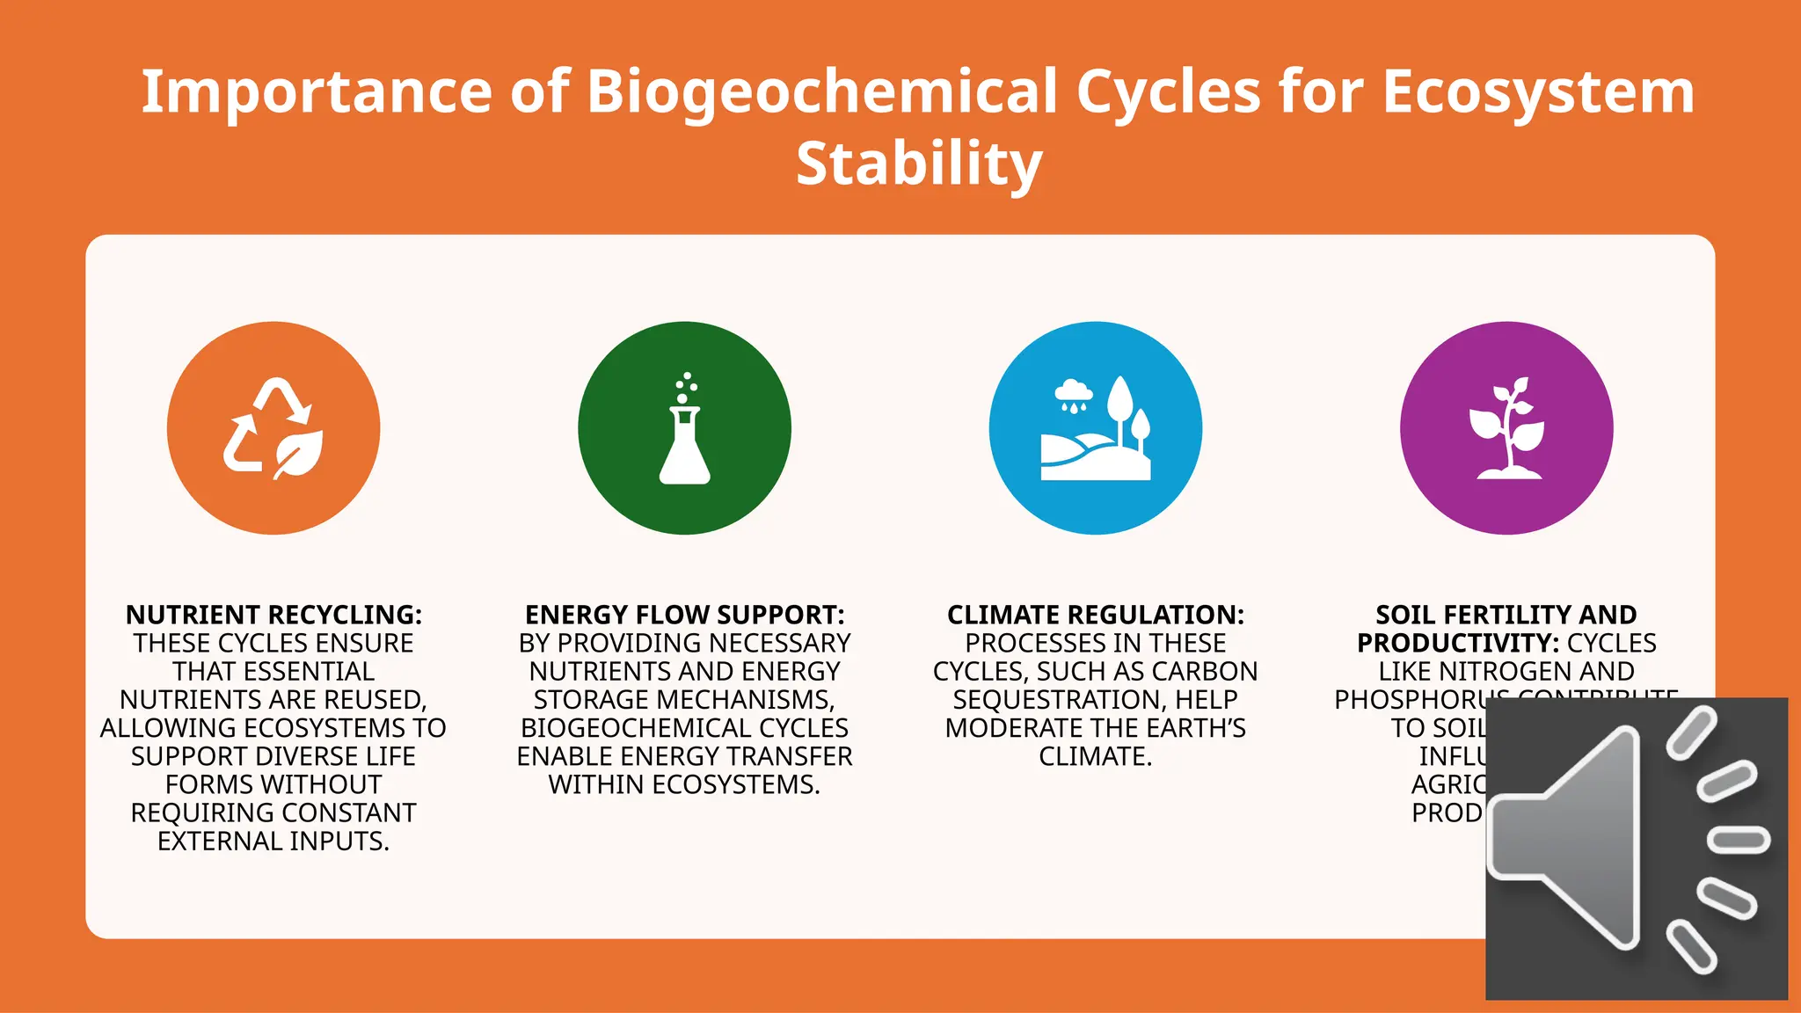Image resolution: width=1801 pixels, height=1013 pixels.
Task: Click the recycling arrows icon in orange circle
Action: tap(273, 427)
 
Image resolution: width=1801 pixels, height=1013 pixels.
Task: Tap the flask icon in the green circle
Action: tap(684, 431)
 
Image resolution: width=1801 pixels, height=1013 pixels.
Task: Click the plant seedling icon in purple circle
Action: tap(1506, 428)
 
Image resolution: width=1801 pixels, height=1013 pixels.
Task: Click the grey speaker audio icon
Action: tap(1636, 849)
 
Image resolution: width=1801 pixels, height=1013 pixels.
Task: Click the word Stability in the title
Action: tap(919, 164)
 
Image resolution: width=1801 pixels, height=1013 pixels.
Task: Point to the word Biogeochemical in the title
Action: tap(821, 91)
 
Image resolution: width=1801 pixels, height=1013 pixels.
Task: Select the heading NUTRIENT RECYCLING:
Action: tap(273, 615)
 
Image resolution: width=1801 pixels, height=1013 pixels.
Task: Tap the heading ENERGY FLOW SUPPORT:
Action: tap(684, 615)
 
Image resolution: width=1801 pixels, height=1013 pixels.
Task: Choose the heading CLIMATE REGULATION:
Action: tap(1096, 615)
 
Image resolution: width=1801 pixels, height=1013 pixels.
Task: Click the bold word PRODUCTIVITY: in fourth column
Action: tap(1458, 644)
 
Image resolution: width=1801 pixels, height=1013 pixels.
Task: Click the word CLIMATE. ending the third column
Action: tap(1095, 756)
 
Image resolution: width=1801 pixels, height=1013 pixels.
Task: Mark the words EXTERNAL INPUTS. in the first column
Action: tap(273, 842)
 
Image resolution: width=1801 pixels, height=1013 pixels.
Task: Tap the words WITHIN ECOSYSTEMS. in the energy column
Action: tap(684, 784)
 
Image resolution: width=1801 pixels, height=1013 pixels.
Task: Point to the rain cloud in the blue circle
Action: tap(1074, 393)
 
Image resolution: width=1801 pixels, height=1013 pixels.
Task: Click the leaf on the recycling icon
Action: tap(299, 454)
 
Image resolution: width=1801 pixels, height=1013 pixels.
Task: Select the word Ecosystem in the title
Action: tap(1537, 91)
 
